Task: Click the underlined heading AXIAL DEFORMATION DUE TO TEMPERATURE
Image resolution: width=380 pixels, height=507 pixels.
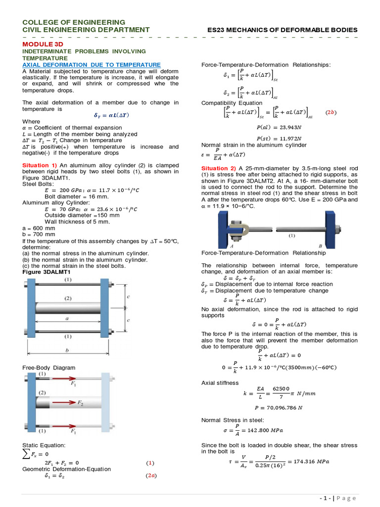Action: pos(92,65)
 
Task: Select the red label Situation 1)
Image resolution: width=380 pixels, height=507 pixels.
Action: pos(40,165)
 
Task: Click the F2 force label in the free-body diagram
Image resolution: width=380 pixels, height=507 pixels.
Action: pos(80,403)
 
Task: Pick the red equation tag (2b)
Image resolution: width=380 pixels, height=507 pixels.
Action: pos(331,112)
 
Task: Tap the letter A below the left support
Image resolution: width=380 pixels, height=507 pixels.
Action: pos(232,246)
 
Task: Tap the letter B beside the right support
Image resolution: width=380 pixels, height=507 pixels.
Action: pos(320,246)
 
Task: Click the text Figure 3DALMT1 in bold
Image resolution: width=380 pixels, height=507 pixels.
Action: pos(47,272)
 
